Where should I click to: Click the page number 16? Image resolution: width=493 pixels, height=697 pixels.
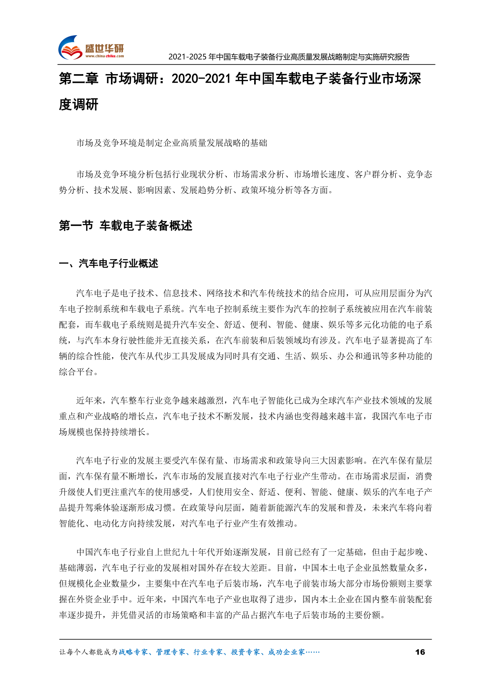tap(420, 652)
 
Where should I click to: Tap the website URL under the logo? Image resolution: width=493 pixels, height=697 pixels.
tap(104, 56)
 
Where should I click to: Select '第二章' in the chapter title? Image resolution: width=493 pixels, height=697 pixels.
tap(79, 79)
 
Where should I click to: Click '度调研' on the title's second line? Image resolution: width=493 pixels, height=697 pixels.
tap(79, 105)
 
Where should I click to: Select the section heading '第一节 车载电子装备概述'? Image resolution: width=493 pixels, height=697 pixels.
tap(125, 226)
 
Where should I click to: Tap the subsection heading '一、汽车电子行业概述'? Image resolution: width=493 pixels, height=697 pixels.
tap(108, 264)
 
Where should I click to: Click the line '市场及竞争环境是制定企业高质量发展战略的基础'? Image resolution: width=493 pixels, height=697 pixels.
tap(172, 143)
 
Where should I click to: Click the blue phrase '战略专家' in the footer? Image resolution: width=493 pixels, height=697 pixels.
tap(133, 652)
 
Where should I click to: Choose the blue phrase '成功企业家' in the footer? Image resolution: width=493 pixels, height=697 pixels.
tap(286, 652)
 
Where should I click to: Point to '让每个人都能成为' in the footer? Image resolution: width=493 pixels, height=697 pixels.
tap(89, 652)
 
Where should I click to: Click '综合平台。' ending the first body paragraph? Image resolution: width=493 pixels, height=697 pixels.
tap(79, 372)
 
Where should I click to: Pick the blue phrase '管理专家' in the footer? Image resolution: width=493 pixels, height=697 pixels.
tap(170, 652)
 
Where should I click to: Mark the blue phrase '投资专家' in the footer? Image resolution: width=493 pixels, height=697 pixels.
tap(245, 652)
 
